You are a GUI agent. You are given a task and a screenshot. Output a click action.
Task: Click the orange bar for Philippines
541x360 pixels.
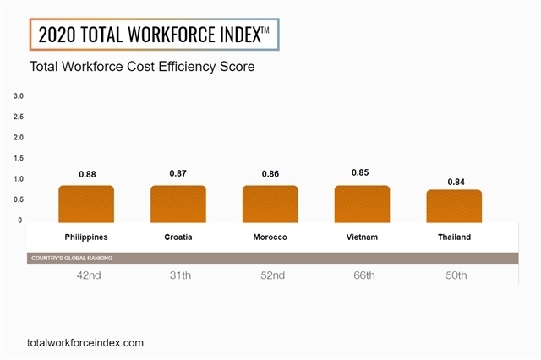pos(86,204)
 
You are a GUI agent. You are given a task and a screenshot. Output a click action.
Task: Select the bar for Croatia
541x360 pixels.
pos(178,204)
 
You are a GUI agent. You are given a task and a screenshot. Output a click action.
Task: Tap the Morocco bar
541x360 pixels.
pos(270,204)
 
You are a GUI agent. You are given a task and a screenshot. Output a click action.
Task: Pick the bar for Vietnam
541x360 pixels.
pos(362,204)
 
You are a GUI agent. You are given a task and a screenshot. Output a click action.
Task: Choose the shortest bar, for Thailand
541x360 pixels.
pos(454,206)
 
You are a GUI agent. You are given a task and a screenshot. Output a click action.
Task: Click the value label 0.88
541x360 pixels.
pos(87,174)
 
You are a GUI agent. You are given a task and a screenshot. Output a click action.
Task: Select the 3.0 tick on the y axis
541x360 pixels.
pos(19,96)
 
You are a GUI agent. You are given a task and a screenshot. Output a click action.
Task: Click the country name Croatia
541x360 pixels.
pos(178,237)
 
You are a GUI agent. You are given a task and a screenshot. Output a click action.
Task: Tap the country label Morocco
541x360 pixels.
pos(270,237)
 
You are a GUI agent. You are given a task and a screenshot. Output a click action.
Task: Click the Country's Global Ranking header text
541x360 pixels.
pos(71,258)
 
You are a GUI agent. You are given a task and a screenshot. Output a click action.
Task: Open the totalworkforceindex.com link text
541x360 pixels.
pos(85,342)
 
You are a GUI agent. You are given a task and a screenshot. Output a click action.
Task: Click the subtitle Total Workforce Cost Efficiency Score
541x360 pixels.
pos(142,66)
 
